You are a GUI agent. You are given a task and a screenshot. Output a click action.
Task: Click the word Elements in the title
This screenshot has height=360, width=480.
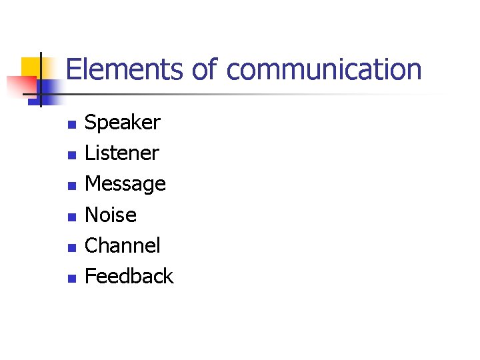click(125, 70)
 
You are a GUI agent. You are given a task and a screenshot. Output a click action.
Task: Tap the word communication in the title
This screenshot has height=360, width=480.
click(324, 70)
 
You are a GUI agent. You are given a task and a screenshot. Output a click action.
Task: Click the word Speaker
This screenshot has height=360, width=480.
click(123, 123)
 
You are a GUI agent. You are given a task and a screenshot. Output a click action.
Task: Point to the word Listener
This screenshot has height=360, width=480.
click(122, 153)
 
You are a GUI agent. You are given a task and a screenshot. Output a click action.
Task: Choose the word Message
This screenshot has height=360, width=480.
click(125, 184)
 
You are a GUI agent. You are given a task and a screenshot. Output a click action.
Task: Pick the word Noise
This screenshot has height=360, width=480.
click(111, 215)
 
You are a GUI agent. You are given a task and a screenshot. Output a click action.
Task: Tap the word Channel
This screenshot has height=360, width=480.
click(123, 245)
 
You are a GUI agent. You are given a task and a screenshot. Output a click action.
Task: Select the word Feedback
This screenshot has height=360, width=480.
click(129, 276)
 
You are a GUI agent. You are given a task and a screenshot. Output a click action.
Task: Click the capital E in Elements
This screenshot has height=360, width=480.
click(73, 70)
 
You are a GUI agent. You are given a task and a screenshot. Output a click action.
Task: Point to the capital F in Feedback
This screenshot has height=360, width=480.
click(91, 276)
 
